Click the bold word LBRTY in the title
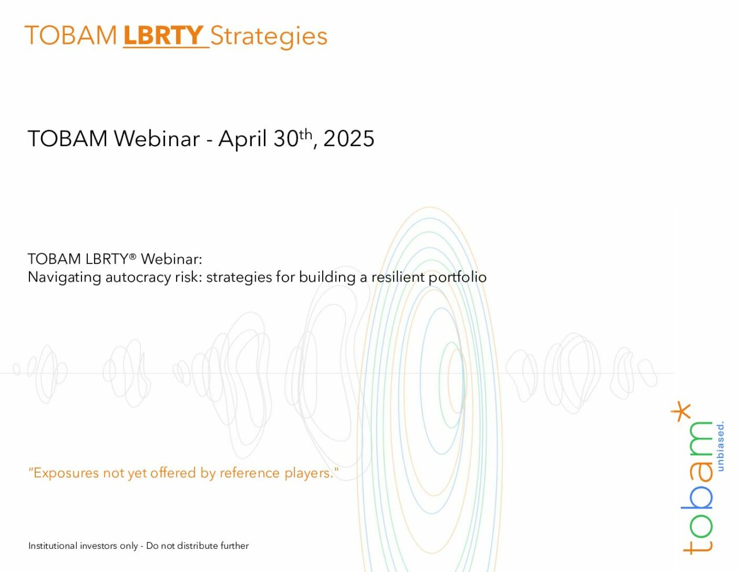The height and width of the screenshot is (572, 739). click(163, 35)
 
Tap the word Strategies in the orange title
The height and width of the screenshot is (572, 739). click(268, 37)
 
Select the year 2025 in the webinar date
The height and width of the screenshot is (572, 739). click(349, 139)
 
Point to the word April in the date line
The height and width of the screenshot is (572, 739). click(242, 139)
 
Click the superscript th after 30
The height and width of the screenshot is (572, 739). click(305, 135)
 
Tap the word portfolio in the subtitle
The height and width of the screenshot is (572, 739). click(457, 277)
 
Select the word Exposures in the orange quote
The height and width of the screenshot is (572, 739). click(66, 473)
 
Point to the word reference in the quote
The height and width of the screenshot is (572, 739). click(249, 473)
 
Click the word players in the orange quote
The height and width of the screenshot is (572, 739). click(307, 473)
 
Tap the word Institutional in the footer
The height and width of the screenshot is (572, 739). click(53, 546)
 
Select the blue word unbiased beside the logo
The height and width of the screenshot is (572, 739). click(720, 447)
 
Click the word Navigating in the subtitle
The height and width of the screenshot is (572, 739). click(64, 277)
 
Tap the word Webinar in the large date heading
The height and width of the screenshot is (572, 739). click(156, 139)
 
